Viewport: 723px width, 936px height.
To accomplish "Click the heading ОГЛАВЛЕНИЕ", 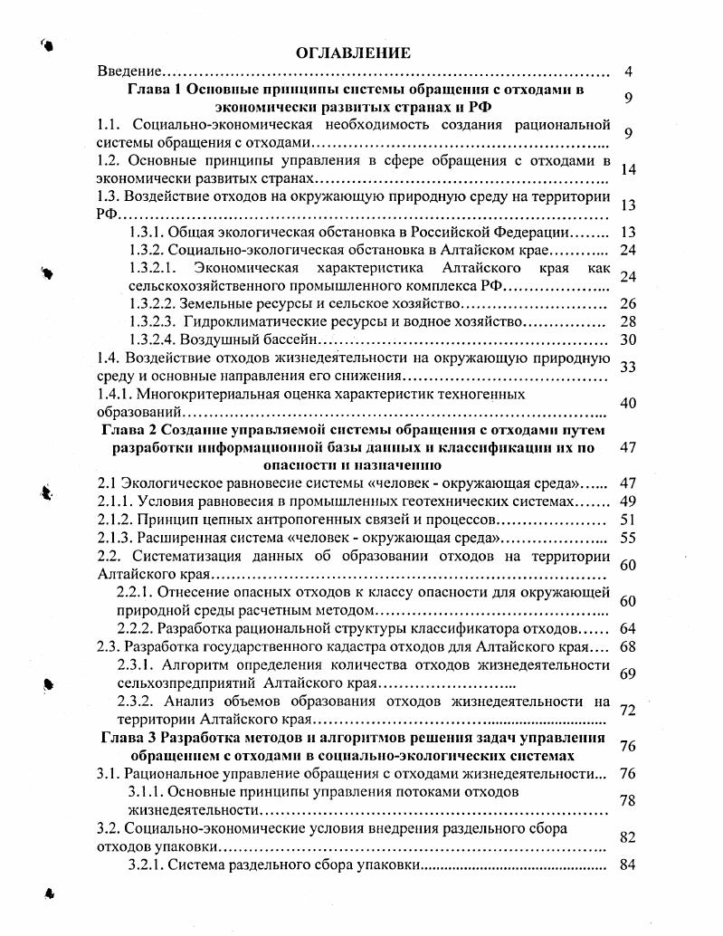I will click(353, 53).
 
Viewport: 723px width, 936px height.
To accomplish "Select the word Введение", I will click(130, 71).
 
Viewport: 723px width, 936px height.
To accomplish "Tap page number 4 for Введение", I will click(629, 71).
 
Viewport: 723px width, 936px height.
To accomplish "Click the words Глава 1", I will click(152, 90).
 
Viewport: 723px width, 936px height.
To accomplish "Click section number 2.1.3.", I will click(116, 537).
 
